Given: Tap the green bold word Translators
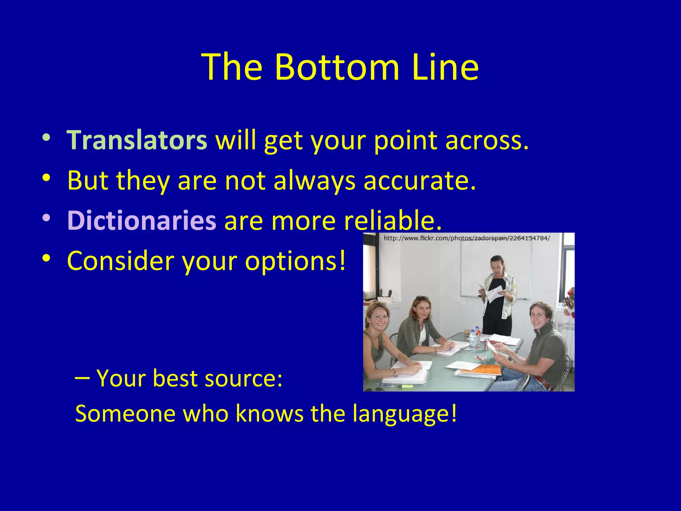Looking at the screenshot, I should coord(137,140).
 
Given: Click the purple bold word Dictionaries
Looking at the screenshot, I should coord(142,220).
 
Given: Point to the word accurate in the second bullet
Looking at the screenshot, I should coord(420,180).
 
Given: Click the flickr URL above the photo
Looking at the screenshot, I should coord(467,238).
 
